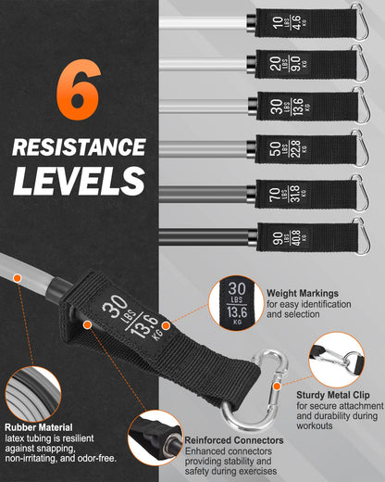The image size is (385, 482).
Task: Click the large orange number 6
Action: [79, 89]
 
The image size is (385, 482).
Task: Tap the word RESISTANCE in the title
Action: [79, 146]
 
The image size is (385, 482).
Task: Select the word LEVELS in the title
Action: [79, 181]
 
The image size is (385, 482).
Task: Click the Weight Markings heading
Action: [303, 293]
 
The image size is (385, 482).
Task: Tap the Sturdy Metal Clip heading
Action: [333, 395]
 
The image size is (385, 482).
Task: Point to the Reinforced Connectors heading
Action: [234, 440]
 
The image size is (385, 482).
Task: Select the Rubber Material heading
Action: [39, 427]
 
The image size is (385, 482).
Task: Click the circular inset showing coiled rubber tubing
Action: [33, 394]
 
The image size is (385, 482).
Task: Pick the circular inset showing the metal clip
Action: [337, 360]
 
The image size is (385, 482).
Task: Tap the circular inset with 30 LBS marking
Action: [236, 303]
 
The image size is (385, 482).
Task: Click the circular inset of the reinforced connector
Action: [155, 438]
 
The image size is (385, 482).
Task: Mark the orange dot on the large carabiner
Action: [277, 386]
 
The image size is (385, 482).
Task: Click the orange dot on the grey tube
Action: [18, 278]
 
